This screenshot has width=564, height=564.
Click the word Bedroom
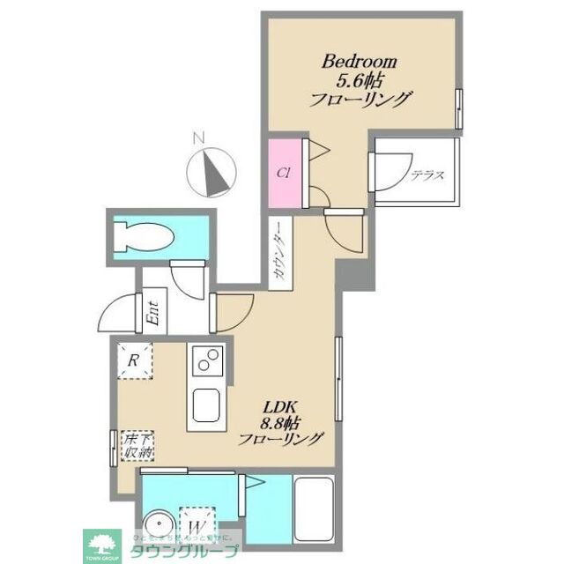[x=360, y=62]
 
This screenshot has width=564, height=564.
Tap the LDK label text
[x=285, y=407]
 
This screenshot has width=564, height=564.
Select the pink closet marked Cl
[x=285, y=173]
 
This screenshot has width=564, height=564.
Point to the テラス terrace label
[x=427, y=175]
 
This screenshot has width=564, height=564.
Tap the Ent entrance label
[x=152, y=313]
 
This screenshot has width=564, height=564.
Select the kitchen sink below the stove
[x=209, y=404]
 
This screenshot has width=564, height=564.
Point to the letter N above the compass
[x=199, y=137]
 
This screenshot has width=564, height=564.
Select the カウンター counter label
[x=278, y=256]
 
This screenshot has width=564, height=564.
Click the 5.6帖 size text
[x=360, y=81]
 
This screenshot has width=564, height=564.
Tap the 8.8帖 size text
[x=285, y=422]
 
